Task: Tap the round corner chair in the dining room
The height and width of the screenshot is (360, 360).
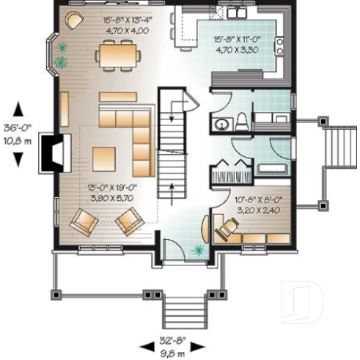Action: (x=75, y=19)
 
